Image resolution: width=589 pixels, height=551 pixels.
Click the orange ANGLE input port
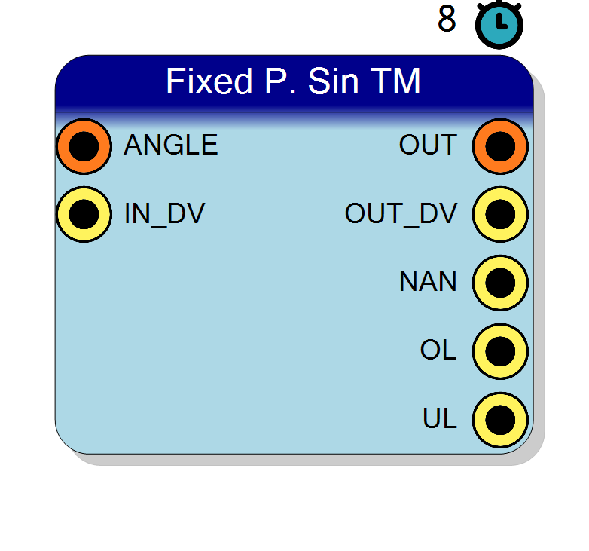click(84, 146)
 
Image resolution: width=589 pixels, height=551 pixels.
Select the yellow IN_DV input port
click(84, 214)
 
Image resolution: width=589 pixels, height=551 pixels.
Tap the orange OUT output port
click(500, 146)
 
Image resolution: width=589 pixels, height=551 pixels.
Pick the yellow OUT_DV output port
click(500, 214)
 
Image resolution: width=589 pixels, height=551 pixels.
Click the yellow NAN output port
click(500, 283)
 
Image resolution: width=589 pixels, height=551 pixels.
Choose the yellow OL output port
click(500, 351)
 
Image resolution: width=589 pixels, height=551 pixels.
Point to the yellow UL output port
click(500, 419)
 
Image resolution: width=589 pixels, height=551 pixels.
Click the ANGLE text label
click(171, 145)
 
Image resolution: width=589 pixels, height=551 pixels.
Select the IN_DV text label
click(164, 213)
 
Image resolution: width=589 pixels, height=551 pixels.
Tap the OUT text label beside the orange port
click(429, 145)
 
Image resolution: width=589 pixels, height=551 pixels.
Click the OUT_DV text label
click(401, 213)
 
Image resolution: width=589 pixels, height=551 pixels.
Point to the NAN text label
click(429, 281)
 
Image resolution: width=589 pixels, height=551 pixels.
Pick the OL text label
click(438, 350)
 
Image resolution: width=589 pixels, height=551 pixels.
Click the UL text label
click(440, 418)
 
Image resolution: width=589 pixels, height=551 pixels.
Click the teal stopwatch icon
click(499, 25)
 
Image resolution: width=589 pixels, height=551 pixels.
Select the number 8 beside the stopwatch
click(447, 18)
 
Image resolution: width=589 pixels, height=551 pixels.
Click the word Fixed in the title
click(209, 81)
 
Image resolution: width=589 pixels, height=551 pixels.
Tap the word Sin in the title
click(333, 81)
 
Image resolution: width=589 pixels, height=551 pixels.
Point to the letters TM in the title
click(395, 81)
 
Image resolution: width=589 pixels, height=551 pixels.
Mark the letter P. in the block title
click(280, 81)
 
